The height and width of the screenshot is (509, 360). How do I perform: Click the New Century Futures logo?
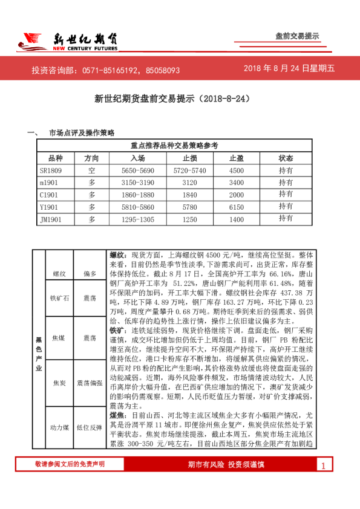(67, 40)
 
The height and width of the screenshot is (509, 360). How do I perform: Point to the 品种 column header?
(55, 158)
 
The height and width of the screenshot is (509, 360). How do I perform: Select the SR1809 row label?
(51, 170)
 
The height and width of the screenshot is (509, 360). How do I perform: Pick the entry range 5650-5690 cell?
(137, 170)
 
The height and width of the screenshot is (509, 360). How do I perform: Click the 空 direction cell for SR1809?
(92, 170)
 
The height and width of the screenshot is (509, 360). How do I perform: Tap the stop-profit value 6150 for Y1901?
(237, 206)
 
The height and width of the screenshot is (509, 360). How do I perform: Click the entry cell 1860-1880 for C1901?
(137, 195)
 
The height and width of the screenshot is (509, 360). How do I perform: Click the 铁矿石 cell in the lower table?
(59, 298)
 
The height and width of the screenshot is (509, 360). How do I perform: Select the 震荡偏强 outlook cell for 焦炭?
(90, 383)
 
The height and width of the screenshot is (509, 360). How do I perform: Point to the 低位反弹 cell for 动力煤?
(90, 427)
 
